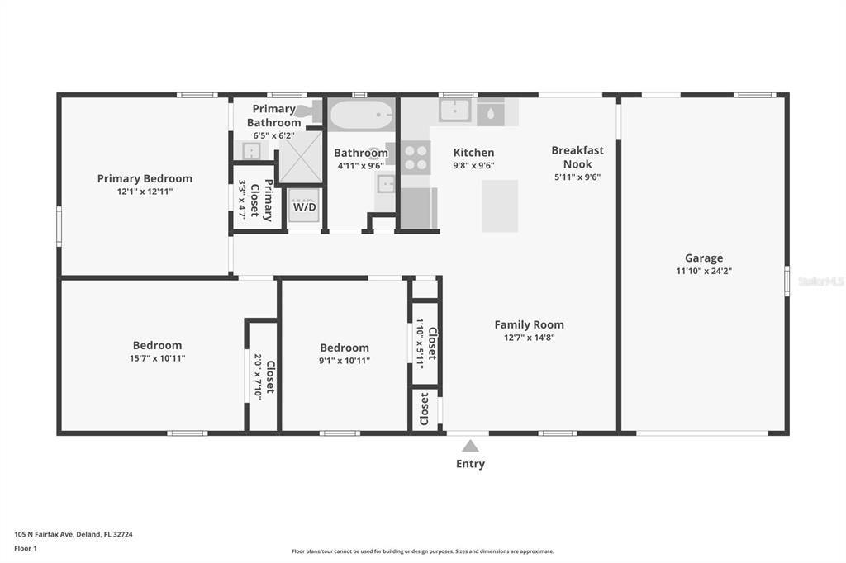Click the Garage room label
tap(704, 258)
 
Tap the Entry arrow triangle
tap(470, 446)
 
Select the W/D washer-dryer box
tap(304, 205)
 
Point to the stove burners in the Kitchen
tap(416, 158)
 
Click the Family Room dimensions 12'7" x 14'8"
tap(530, 338)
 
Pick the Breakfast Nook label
tap(577, 157)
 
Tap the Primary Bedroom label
tap(145, 178)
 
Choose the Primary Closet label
tap(261, 200)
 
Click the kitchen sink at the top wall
tap(455, 111)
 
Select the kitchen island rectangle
tap(500, 206)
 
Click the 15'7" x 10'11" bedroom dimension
tap(158, 358)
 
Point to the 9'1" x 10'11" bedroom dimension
tap(345, 360)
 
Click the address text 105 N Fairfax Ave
tap(43, 534)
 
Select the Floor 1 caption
tap(26, 548)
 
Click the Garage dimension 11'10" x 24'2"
tap(704, 271)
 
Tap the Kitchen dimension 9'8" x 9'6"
tap(473, 166)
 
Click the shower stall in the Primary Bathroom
tap(301, 157)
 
